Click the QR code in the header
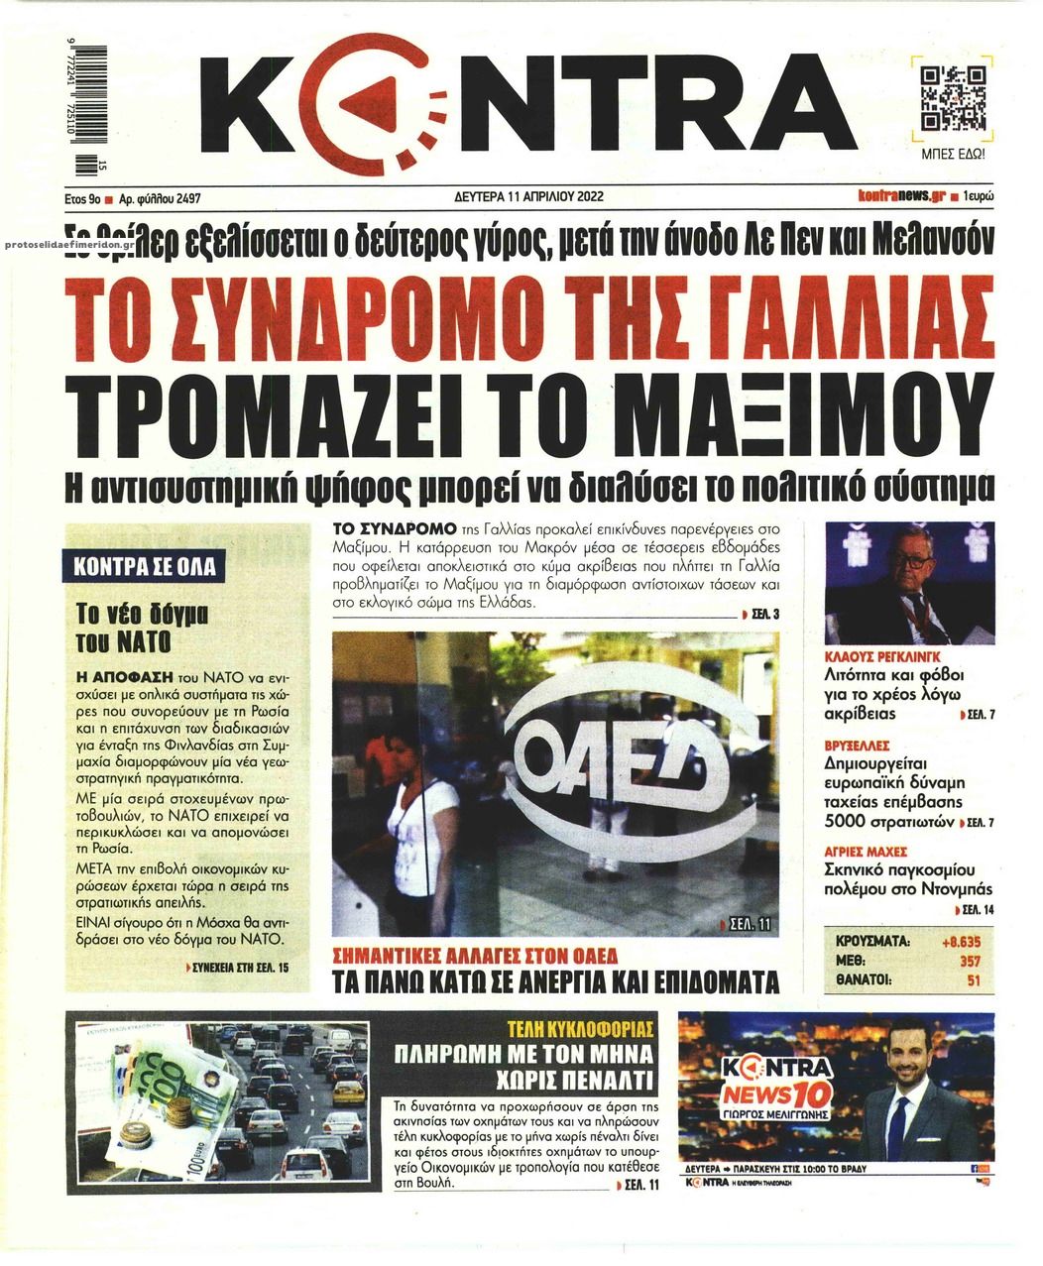[x=953, y=100]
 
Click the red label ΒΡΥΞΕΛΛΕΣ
[x=858, y=745]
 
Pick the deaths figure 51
[x=973, y=980]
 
